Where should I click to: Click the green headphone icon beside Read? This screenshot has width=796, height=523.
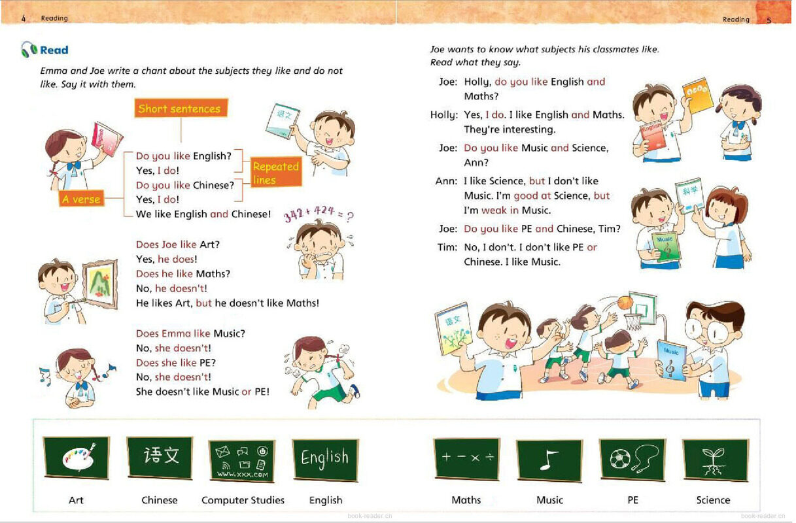coord(29,50)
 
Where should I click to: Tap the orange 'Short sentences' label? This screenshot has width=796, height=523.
coord(180,109)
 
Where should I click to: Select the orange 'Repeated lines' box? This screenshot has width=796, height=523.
coord(276,173)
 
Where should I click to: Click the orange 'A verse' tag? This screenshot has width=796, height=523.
coord(81,199)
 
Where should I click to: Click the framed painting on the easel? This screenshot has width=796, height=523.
coord(99,282)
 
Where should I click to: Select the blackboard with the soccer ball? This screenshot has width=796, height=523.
coord(632,460)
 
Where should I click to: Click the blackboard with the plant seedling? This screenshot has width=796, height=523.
coord(714,460)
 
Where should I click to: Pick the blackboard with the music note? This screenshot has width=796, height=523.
coord(549,460)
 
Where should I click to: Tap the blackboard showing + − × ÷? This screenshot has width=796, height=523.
coord(466,458)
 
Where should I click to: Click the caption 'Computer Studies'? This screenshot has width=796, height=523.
coord(243,500)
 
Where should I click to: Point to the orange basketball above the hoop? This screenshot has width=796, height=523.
coord(625,302)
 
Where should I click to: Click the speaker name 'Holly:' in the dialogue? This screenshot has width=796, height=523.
coord(443,115)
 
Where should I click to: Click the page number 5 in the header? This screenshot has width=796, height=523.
coord(769,20)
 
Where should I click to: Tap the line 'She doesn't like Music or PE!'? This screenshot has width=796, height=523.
coord(202,392)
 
